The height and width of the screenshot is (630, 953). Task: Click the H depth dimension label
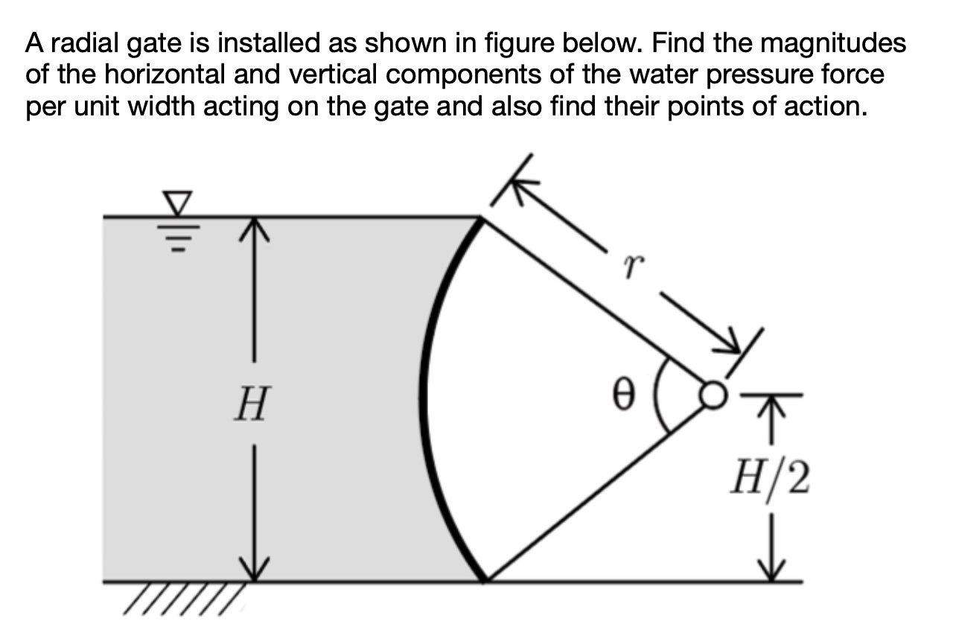[249, 407]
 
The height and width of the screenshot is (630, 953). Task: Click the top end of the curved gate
[480, 219]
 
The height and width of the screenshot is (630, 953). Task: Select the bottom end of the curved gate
[484, 579]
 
